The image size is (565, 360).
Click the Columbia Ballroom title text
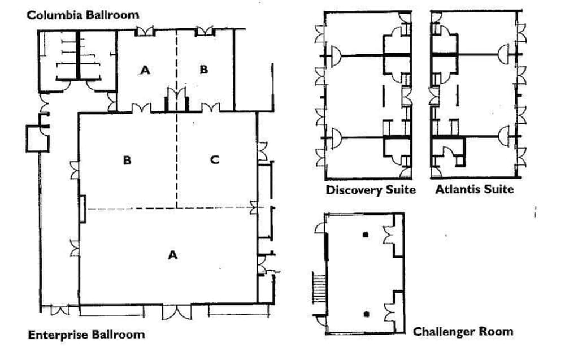coord(82,15)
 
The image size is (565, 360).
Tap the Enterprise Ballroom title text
coord(86,335)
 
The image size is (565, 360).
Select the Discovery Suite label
coord(370,190)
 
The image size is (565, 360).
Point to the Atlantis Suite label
coord(474,189)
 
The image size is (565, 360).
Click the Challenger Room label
coord(463,331)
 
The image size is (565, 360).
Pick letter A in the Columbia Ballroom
coord(146,70)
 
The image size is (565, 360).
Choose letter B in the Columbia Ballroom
coord(204,70)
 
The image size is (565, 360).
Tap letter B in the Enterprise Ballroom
coord(127,160)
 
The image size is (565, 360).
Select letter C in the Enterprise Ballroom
coord(214,160)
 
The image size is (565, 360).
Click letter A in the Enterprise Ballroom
coord(173,255)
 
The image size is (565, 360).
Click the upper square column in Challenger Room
coord(366,234)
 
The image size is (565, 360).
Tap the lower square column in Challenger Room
coord(366,314)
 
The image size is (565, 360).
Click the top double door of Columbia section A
coord(145,32)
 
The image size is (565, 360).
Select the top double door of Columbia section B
coord(205,32)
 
